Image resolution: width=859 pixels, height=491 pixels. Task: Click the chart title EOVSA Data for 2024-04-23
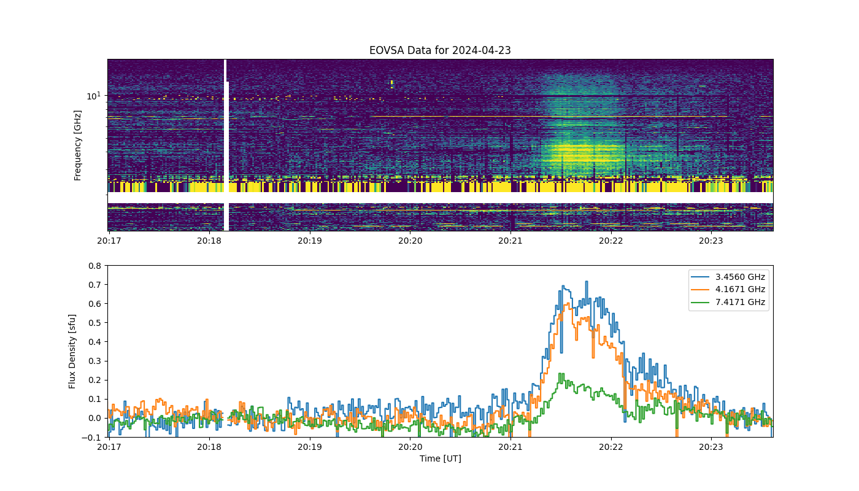tap(440, 50)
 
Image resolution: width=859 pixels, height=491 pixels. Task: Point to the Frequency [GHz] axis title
tap(77, 145)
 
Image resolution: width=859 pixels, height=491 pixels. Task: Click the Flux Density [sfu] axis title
tap(72, 351)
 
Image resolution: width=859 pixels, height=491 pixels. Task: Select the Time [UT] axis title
tap(441, 458)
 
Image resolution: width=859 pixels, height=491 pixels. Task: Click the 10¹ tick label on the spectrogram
tap(93, 96)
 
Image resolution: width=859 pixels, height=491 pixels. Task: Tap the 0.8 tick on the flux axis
tap(94, 266)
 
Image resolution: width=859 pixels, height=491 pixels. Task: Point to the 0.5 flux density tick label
tap(94, 323)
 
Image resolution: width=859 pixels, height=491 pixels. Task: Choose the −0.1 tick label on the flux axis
tap(91, 437)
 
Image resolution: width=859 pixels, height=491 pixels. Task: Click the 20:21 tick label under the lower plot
tap(510, 447)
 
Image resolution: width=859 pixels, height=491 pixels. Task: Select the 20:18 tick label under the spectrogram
tap(209, 241)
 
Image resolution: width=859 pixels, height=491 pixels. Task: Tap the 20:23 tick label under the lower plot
tap(711, 447)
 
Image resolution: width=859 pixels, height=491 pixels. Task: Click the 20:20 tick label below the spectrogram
tap(410, 241)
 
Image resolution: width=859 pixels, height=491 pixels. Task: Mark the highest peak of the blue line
tap(587, 282)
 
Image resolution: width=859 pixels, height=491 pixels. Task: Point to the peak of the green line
tap(561, 373)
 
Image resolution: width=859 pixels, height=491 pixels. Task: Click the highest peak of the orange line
tap(567, 303)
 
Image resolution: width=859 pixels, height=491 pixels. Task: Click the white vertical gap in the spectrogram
tap(226, 145)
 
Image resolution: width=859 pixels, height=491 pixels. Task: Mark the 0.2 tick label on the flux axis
tap(94, 380)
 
